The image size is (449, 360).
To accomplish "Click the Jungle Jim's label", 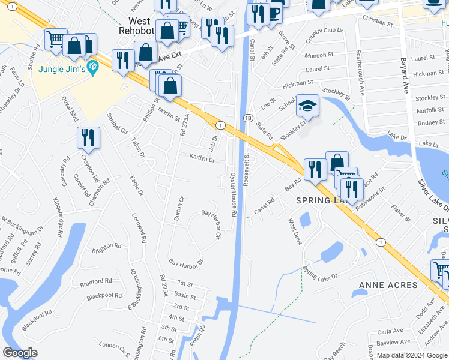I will click(61, 69).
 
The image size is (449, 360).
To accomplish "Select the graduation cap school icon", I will click(307, 106).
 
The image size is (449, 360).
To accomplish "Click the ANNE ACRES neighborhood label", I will click(388, 284).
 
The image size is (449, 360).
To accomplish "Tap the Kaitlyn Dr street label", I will click(202, 159).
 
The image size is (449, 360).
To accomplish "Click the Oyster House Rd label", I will click(233, 195).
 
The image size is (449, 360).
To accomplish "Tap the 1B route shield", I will click(247, 119).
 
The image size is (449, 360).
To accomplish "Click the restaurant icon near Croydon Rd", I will click(88, 137).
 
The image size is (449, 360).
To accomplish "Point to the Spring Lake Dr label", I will click(321, 273).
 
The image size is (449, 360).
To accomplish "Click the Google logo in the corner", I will click(20, 353).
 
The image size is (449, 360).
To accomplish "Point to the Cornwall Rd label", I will click(139, 228).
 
